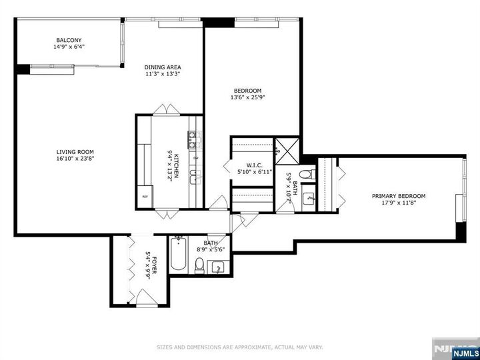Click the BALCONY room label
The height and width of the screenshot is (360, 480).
[x=68, y=40]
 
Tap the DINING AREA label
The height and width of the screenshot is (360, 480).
[x=163, y=67]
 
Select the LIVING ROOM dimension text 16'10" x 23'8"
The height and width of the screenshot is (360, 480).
[x=75, y=159]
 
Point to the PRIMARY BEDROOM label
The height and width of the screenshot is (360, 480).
[x=399, y=196]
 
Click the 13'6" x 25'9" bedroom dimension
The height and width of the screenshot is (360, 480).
[x=247, y=98]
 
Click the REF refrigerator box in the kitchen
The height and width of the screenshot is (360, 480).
[x=145, y=197]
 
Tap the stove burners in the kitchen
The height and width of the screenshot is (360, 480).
[x=194, y=139]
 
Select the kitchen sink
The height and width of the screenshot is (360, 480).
[x=194, y=177]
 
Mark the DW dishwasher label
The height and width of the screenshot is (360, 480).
[x=195, y=158]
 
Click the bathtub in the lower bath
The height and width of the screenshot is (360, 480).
[x=178, y=254]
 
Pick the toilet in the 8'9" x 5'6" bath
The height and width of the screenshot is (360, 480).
[x=199, y=267]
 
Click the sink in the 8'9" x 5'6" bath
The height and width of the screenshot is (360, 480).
[x=218, y=267]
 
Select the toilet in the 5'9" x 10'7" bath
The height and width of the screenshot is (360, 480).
[x=305, y=175]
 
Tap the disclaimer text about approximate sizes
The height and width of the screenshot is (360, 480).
[x=239, y=347]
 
